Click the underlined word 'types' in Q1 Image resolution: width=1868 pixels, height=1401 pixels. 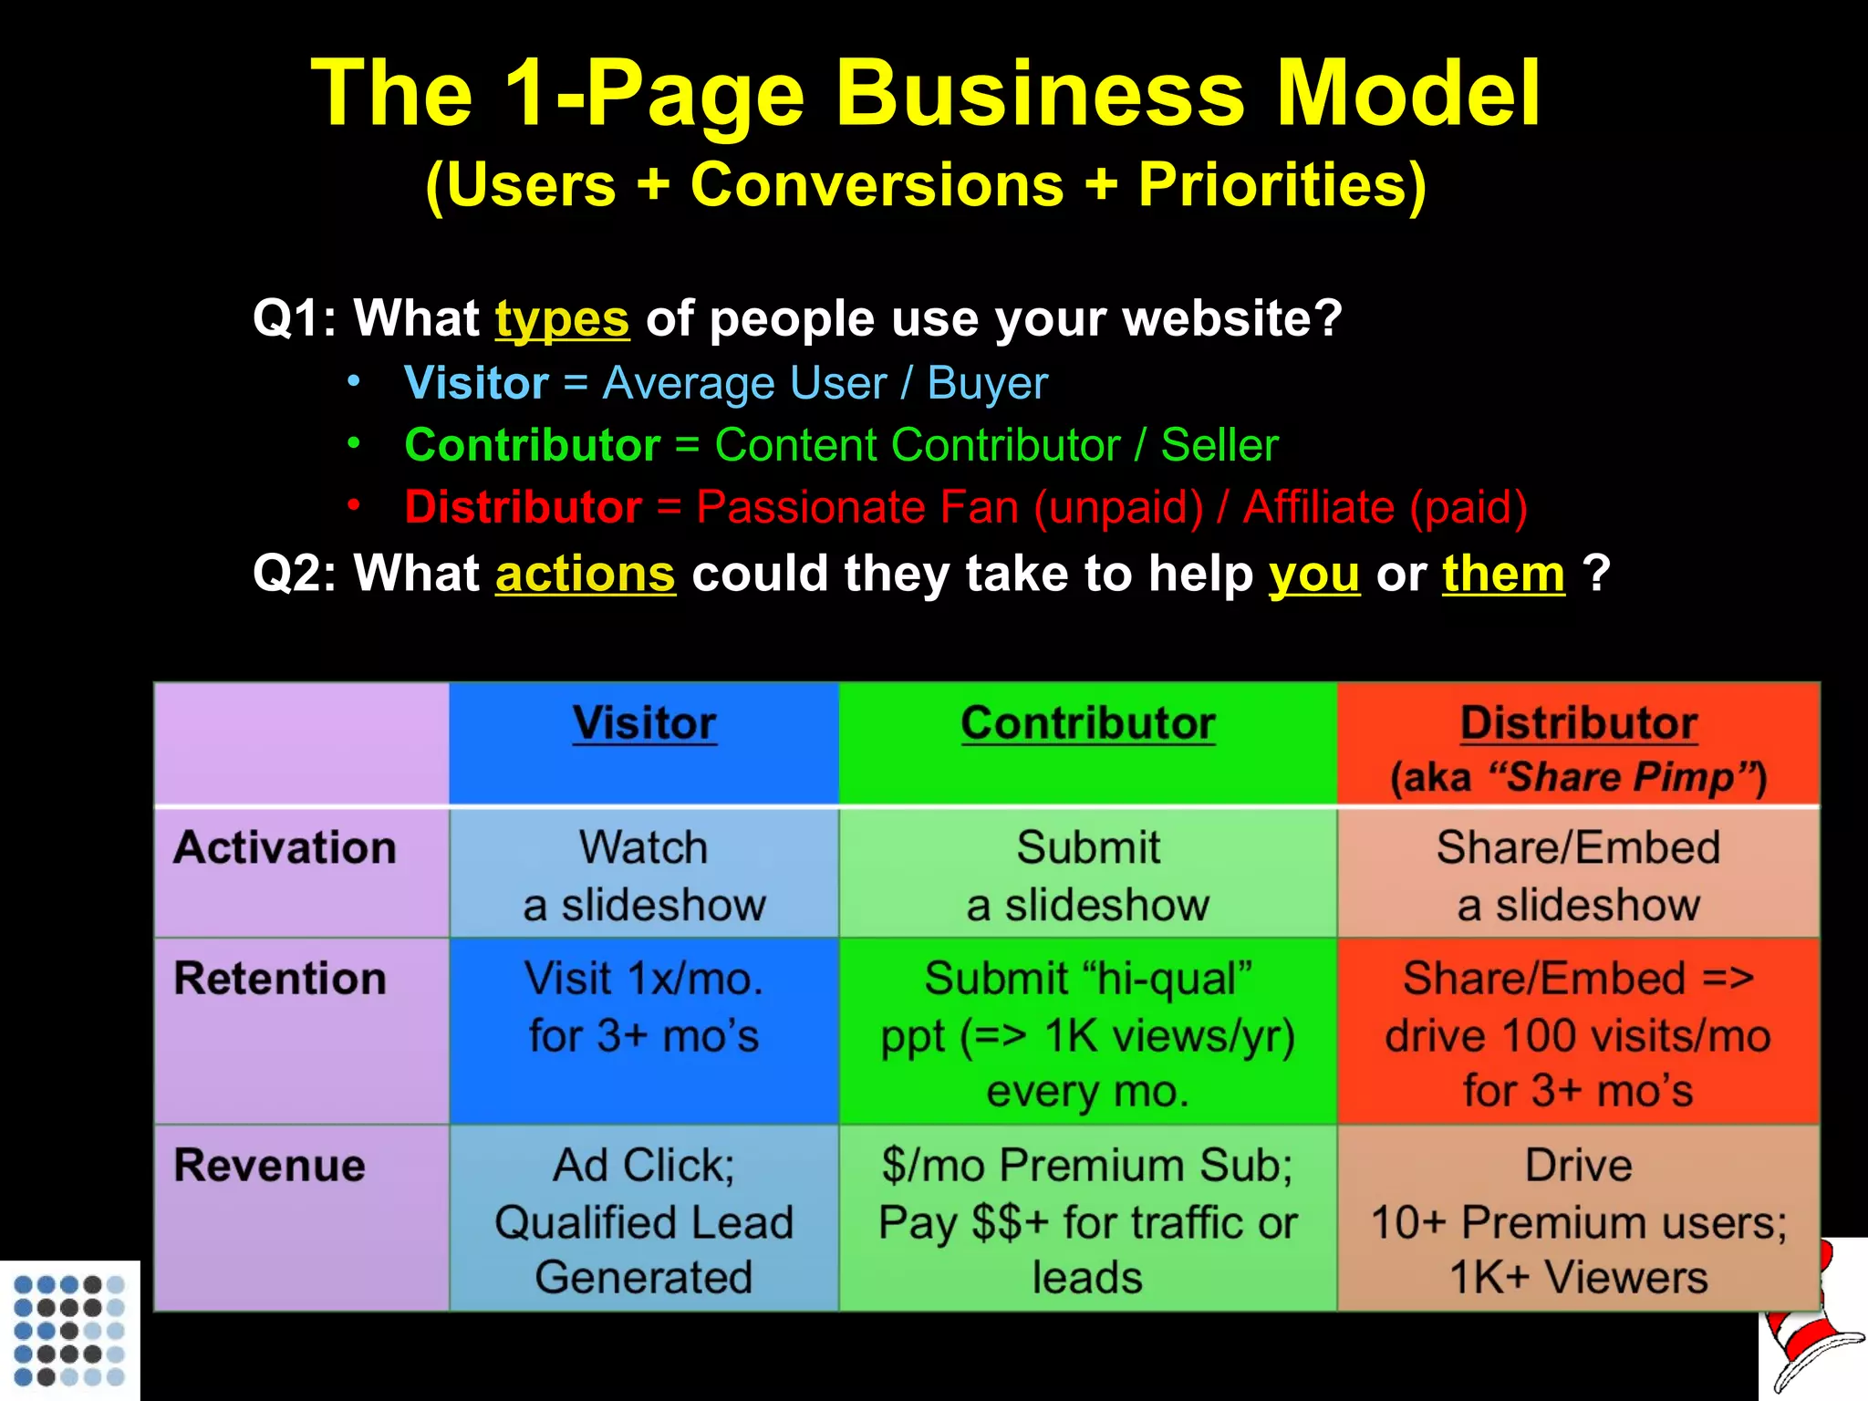(x=562, y=319)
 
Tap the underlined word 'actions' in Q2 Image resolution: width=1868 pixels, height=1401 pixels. (x=585, y=575)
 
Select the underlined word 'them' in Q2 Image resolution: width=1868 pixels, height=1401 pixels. (x=1503, y=575)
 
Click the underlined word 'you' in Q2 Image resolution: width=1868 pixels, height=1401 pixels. (x=1313, y=575)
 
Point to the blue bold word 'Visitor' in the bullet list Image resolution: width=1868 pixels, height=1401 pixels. (x=476, y=383)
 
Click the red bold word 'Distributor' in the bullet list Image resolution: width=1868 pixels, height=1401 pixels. (x=524, y=507)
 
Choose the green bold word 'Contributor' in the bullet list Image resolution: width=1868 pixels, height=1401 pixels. (x=533, y=445)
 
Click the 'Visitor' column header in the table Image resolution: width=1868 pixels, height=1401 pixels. (x=644, y=724)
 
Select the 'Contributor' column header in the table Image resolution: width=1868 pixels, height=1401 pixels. (x=1087, y=724)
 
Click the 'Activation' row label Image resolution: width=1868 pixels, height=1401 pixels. (x=285, y=848)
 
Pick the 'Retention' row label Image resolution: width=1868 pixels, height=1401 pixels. (x=280, y=979)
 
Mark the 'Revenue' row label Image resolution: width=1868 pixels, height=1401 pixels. (x=269, y=1166)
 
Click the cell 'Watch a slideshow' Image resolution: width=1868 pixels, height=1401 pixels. (x=644, y=876)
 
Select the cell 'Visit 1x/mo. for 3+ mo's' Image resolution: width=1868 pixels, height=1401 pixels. (x=644, y=1007)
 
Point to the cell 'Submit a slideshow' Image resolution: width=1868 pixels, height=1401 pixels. (x=1087, y=876)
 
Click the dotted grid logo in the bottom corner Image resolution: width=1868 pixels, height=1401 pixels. (x=69, y=1330)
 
